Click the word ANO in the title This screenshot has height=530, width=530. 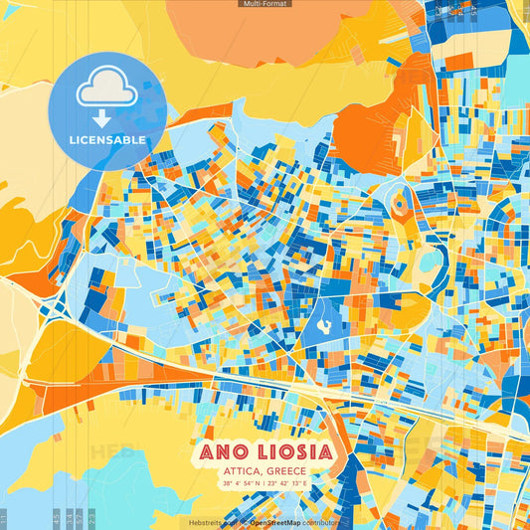pos(225,452)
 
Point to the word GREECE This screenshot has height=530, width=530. pos(288,471)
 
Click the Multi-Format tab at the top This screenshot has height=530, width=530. pos(265,4)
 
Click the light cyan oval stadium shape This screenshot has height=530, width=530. pos(431,263)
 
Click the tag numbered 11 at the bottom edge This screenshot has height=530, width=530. pos(5,519)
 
